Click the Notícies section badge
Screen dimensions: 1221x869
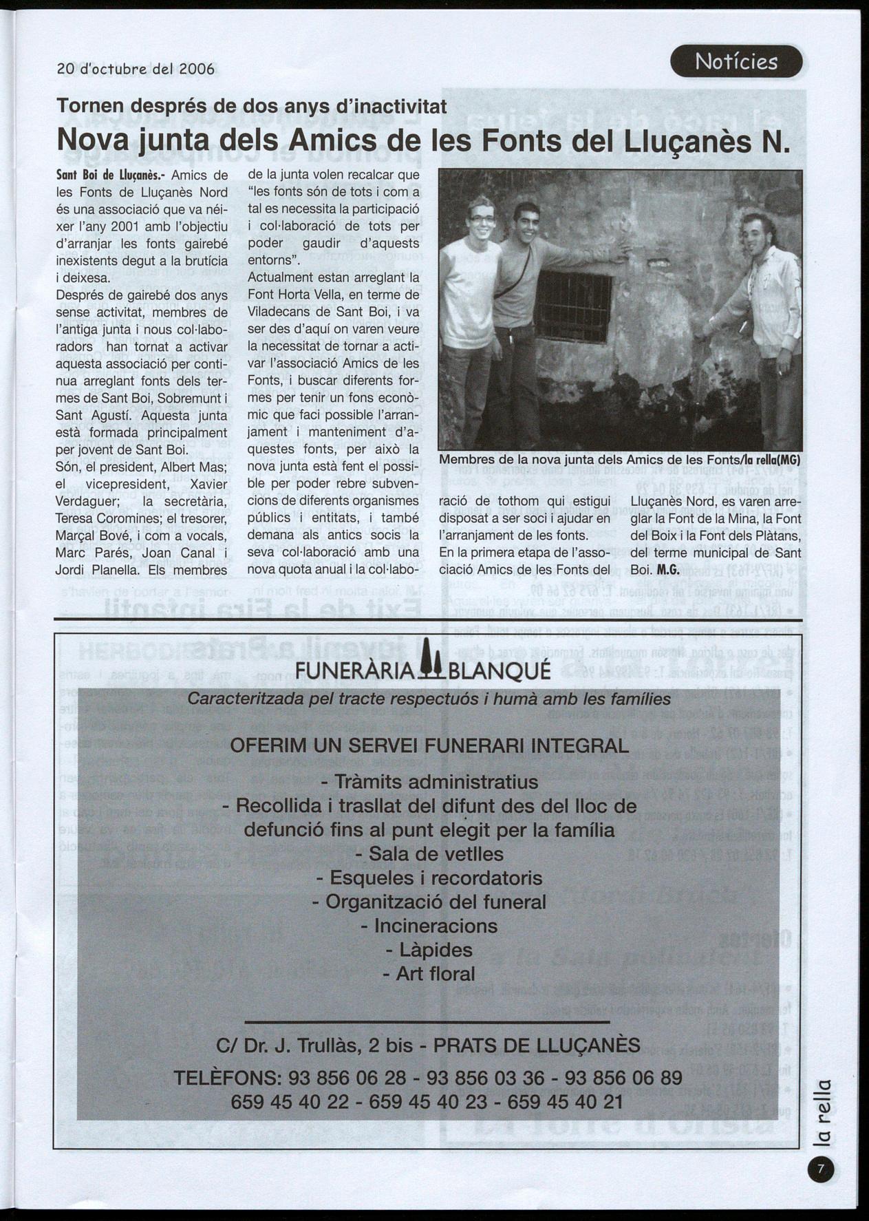(736, 62)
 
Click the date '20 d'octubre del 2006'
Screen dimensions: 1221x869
(136, 70)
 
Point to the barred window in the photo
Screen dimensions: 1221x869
(572, 307)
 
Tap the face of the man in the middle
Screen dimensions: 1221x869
(526, 224)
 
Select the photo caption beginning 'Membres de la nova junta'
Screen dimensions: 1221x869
(619, 459)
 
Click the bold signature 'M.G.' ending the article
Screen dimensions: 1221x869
(668, 570)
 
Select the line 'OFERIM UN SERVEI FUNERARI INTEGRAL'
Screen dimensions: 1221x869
(429, 745)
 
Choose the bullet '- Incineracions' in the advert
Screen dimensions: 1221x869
(429, 926)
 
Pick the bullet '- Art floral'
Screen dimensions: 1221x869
(429, 974)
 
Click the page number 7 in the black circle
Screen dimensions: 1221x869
(820, 1169)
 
